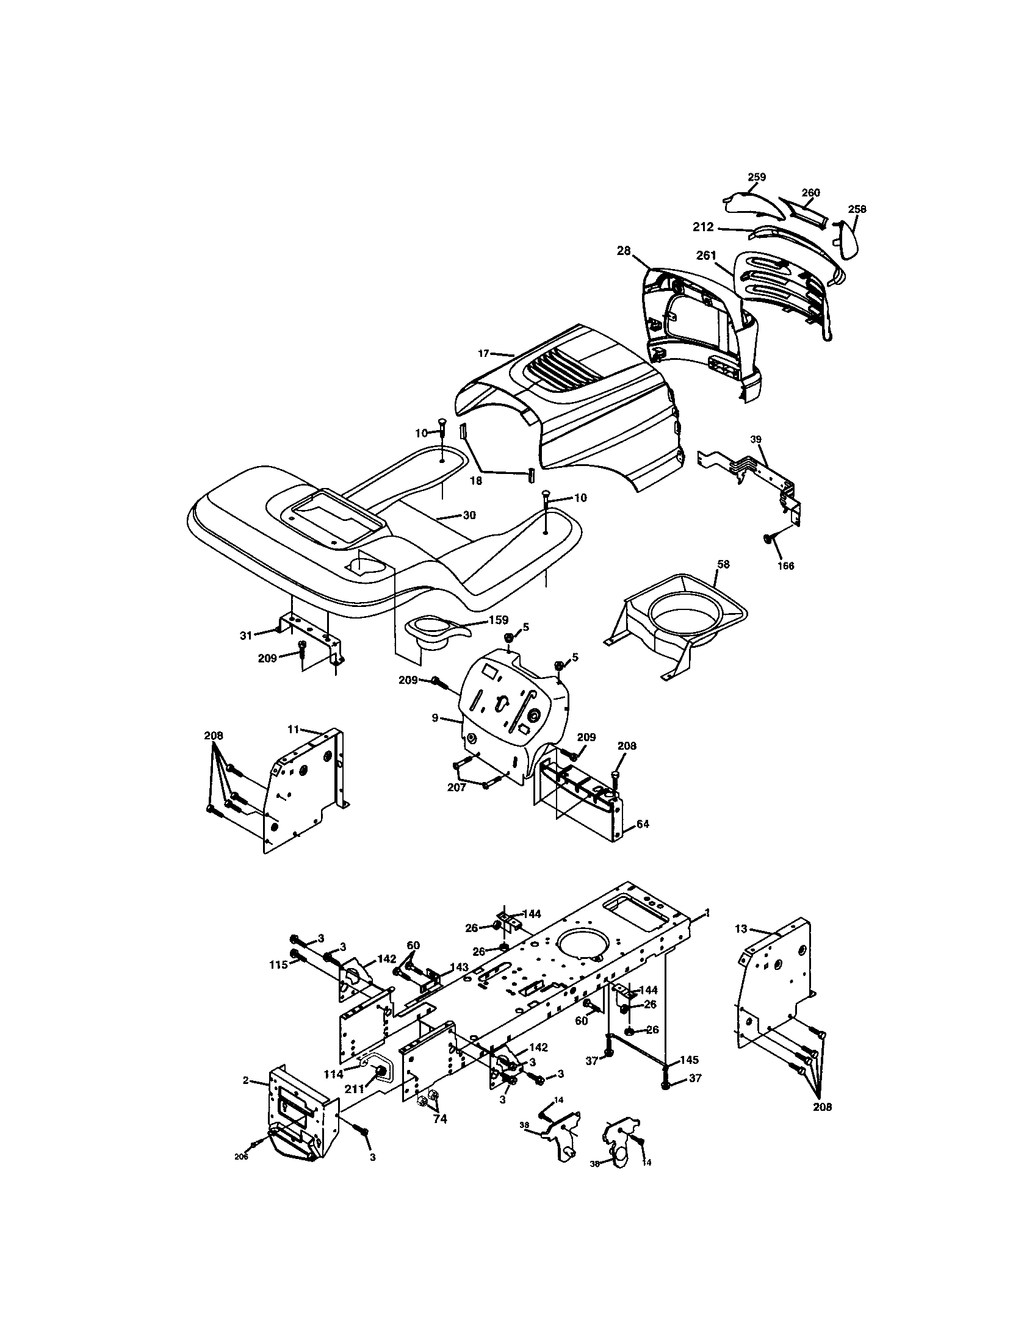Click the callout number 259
click(757, 177)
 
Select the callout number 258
click(857, 209)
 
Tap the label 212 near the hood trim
click(703, 227)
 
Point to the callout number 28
click(624, 251)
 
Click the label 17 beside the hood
click(483, 353)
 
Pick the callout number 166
click(785, 566)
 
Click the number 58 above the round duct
click(723, 564)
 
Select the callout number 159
click(498, 620)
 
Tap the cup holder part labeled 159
click(430, 633)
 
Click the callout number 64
click(642, 824)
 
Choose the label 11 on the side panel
click(293, 729)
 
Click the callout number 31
click(246, 636)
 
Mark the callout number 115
click(278, 965)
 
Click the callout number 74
click(439, 1119)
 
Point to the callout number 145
click(690, 1060)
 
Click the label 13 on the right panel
click(741, 929)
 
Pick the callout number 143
click(459, 967)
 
